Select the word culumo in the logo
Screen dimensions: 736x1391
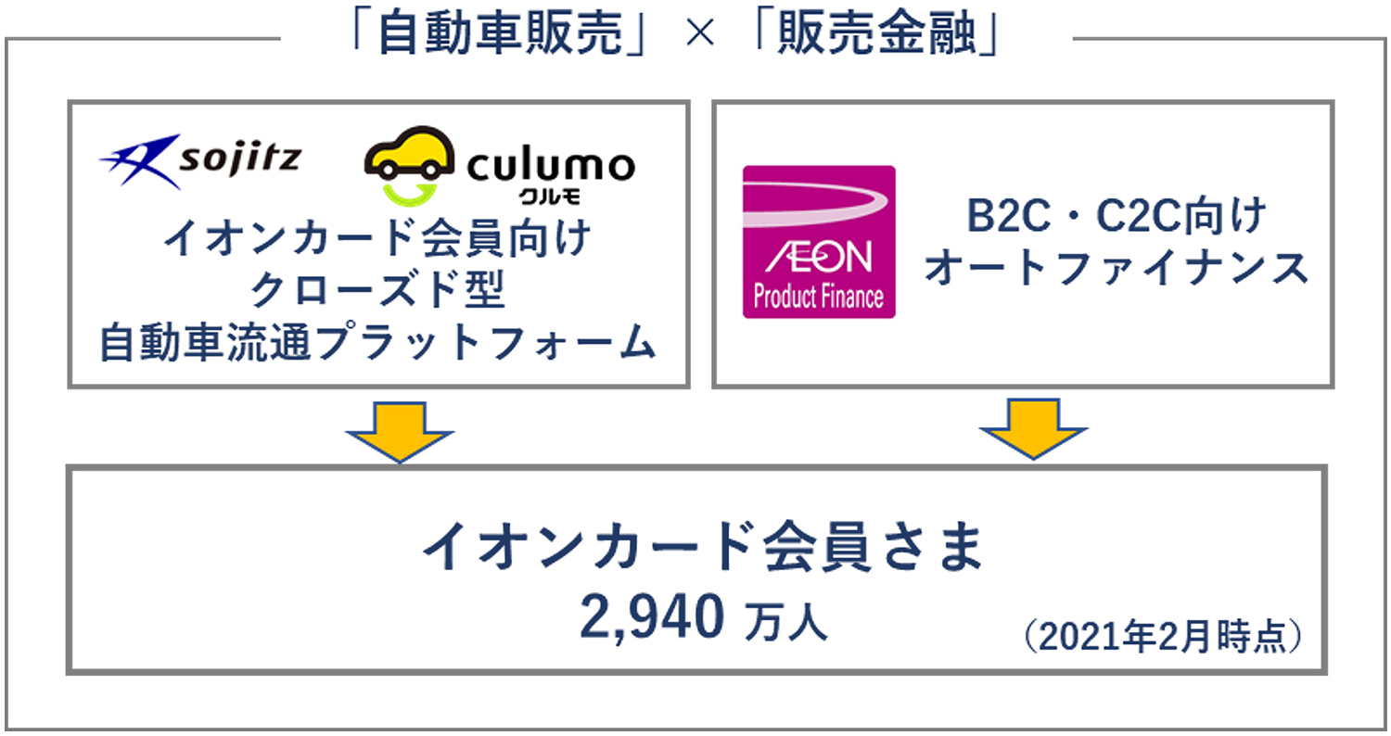tap(551, 165)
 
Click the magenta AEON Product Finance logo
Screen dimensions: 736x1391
tap(819, 242)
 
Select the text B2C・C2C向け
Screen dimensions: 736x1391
tap(1116, 219)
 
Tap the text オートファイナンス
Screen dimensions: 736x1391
tap(1116, 269)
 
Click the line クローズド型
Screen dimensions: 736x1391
tap(378, 292)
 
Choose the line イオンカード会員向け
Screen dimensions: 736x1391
tap(378, 241)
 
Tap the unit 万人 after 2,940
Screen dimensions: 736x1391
tap(785, 621)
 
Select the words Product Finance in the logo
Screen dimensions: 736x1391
tap(819, 298)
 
